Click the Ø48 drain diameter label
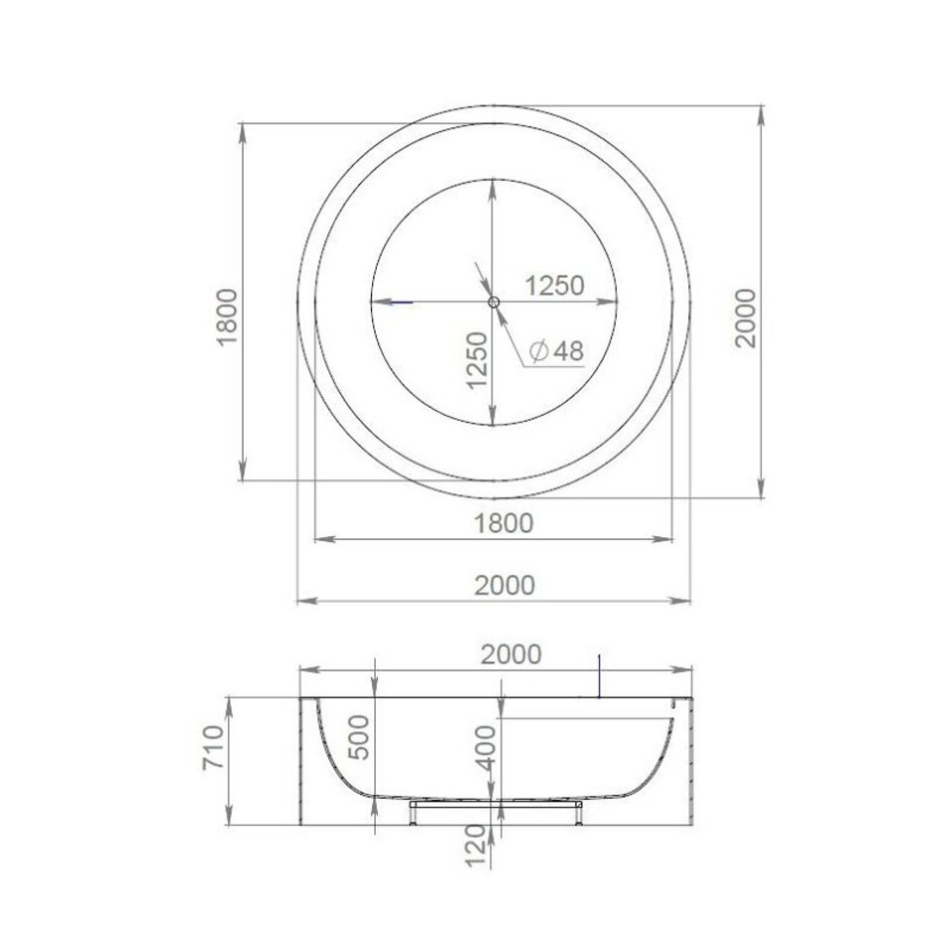556,351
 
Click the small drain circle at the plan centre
493,302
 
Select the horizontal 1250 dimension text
555,285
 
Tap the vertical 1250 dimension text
477,360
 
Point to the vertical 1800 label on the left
227,317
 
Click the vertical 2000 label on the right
745,317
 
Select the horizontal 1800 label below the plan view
504,523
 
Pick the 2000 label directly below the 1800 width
505,585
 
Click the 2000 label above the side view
511,654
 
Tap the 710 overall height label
213,747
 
